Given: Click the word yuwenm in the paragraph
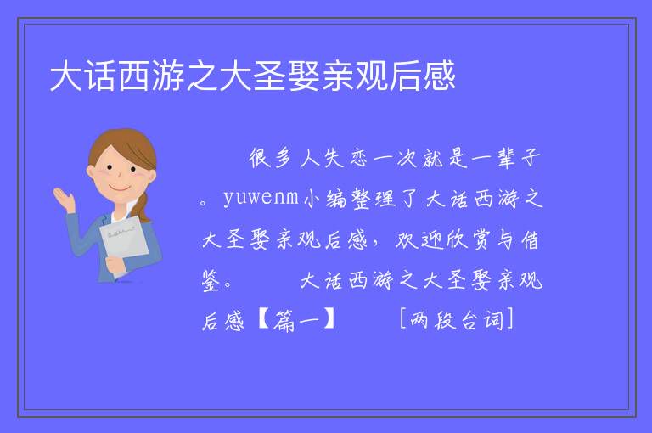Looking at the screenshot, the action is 261,197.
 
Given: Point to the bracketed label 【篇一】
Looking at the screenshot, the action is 296,321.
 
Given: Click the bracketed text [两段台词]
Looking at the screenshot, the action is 457,320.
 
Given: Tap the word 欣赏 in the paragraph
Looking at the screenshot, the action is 468,240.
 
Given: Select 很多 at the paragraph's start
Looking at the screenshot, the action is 270,158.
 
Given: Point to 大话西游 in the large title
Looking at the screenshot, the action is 117,76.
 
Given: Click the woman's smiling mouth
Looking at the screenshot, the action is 121,188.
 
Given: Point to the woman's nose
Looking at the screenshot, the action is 120,175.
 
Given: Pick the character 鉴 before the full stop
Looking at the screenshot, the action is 211,281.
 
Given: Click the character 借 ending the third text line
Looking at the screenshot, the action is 530,240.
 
